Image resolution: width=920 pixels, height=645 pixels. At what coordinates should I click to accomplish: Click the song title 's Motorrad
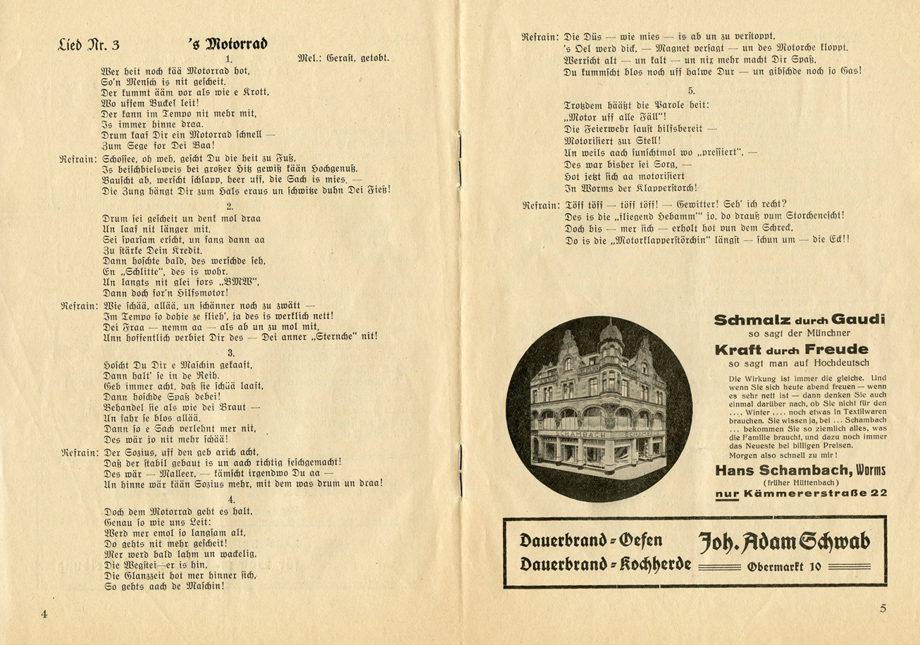[x=228, y=44]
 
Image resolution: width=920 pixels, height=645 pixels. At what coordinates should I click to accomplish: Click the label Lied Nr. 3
[x=89, y=46]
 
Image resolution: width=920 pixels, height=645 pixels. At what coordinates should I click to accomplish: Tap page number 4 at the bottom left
[x=44, y=613]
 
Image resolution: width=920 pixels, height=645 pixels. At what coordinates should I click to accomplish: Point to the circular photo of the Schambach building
[x=599, y=409]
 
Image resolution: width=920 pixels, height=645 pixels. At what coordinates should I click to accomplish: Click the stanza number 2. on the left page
[x=230, y=206]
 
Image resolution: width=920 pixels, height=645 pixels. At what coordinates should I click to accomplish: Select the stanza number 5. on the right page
[x=691, y=91]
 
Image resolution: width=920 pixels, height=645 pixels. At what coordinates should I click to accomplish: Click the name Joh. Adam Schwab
[x=783, y=541]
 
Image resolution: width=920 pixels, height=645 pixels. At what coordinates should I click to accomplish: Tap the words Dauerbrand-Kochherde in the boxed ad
[x=605, y=565]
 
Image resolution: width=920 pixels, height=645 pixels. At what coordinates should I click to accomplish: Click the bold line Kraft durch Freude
[x=791, y=350]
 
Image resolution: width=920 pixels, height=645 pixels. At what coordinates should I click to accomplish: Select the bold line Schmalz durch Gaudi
[x=799, y=319]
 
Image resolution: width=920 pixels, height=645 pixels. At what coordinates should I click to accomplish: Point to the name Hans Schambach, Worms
[x=800, y=470]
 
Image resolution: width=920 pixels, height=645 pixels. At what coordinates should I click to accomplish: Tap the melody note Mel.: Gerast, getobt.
[x=344, y=58]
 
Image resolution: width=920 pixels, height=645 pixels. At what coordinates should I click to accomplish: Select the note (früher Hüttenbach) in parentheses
[x=800, y=482]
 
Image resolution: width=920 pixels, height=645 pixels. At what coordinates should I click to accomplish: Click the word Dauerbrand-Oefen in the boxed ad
[x=590, y=541]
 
